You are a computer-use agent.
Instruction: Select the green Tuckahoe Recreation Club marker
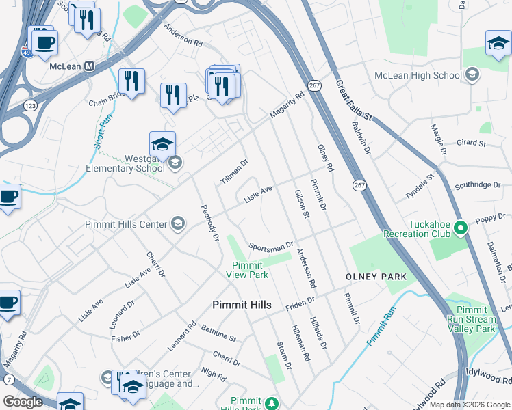(x=461, y=227)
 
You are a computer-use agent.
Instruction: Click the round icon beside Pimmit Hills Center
(x=178, y=223)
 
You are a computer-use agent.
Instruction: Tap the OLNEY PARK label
(x=376, y=277)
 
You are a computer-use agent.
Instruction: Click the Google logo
(x=23, y=401)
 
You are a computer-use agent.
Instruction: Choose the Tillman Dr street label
(x=233, y=172)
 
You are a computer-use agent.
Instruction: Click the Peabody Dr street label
(x=209, y=222)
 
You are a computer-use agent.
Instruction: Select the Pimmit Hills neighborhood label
(x=242, y=305)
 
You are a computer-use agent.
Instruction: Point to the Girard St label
(x=470, y=144)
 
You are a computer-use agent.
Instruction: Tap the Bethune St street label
(x=218, y=333)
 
